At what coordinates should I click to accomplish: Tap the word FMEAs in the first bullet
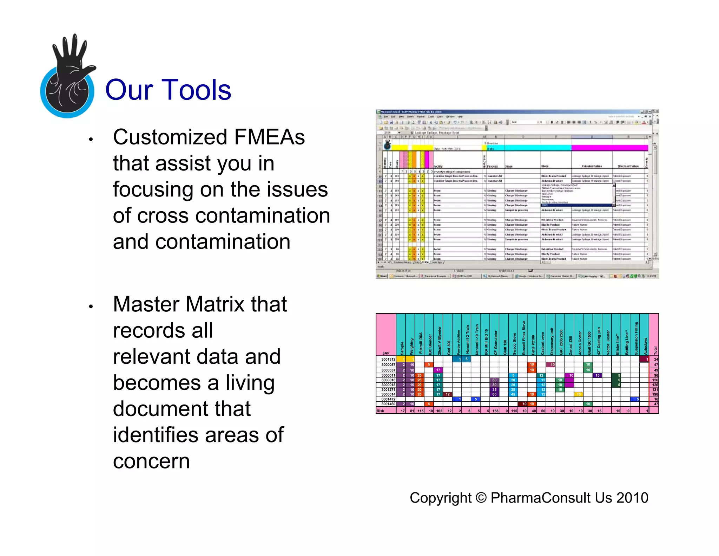[x=269, y=137]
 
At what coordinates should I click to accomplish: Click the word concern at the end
[x=151, y=461]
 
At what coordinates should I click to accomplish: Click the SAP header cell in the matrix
[x=386, y=353]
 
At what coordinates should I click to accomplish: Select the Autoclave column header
[x=645, y=346]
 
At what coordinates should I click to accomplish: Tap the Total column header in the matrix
[x=655, y=350]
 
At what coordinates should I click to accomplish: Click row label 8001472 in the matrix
[x=388, y=399]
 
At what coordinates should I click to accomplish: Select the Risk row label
[x=381, y=410]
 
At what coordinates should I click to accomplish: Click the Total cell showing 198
[x=655, y=394]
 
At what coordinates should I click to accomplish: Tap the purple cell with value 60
[x=494, y=394]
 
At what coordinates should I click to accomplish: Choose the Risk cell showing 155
[x=495, y=410]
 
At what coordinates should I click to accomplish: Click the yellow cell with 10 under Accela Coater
[x=578, y=394]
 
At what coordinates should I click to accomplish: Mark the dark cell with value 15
[x=597, y=375]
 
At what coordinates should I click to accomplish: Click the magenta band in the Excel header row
[x=609, y=148]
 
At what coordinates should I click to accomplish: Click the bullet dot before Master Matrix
[x=91, y=306]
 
